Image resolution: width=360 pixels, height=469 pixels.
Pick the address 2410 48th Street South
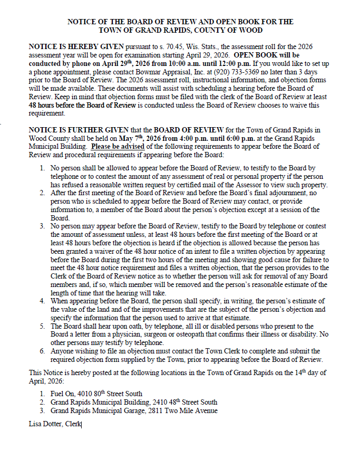click(174, 402)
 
